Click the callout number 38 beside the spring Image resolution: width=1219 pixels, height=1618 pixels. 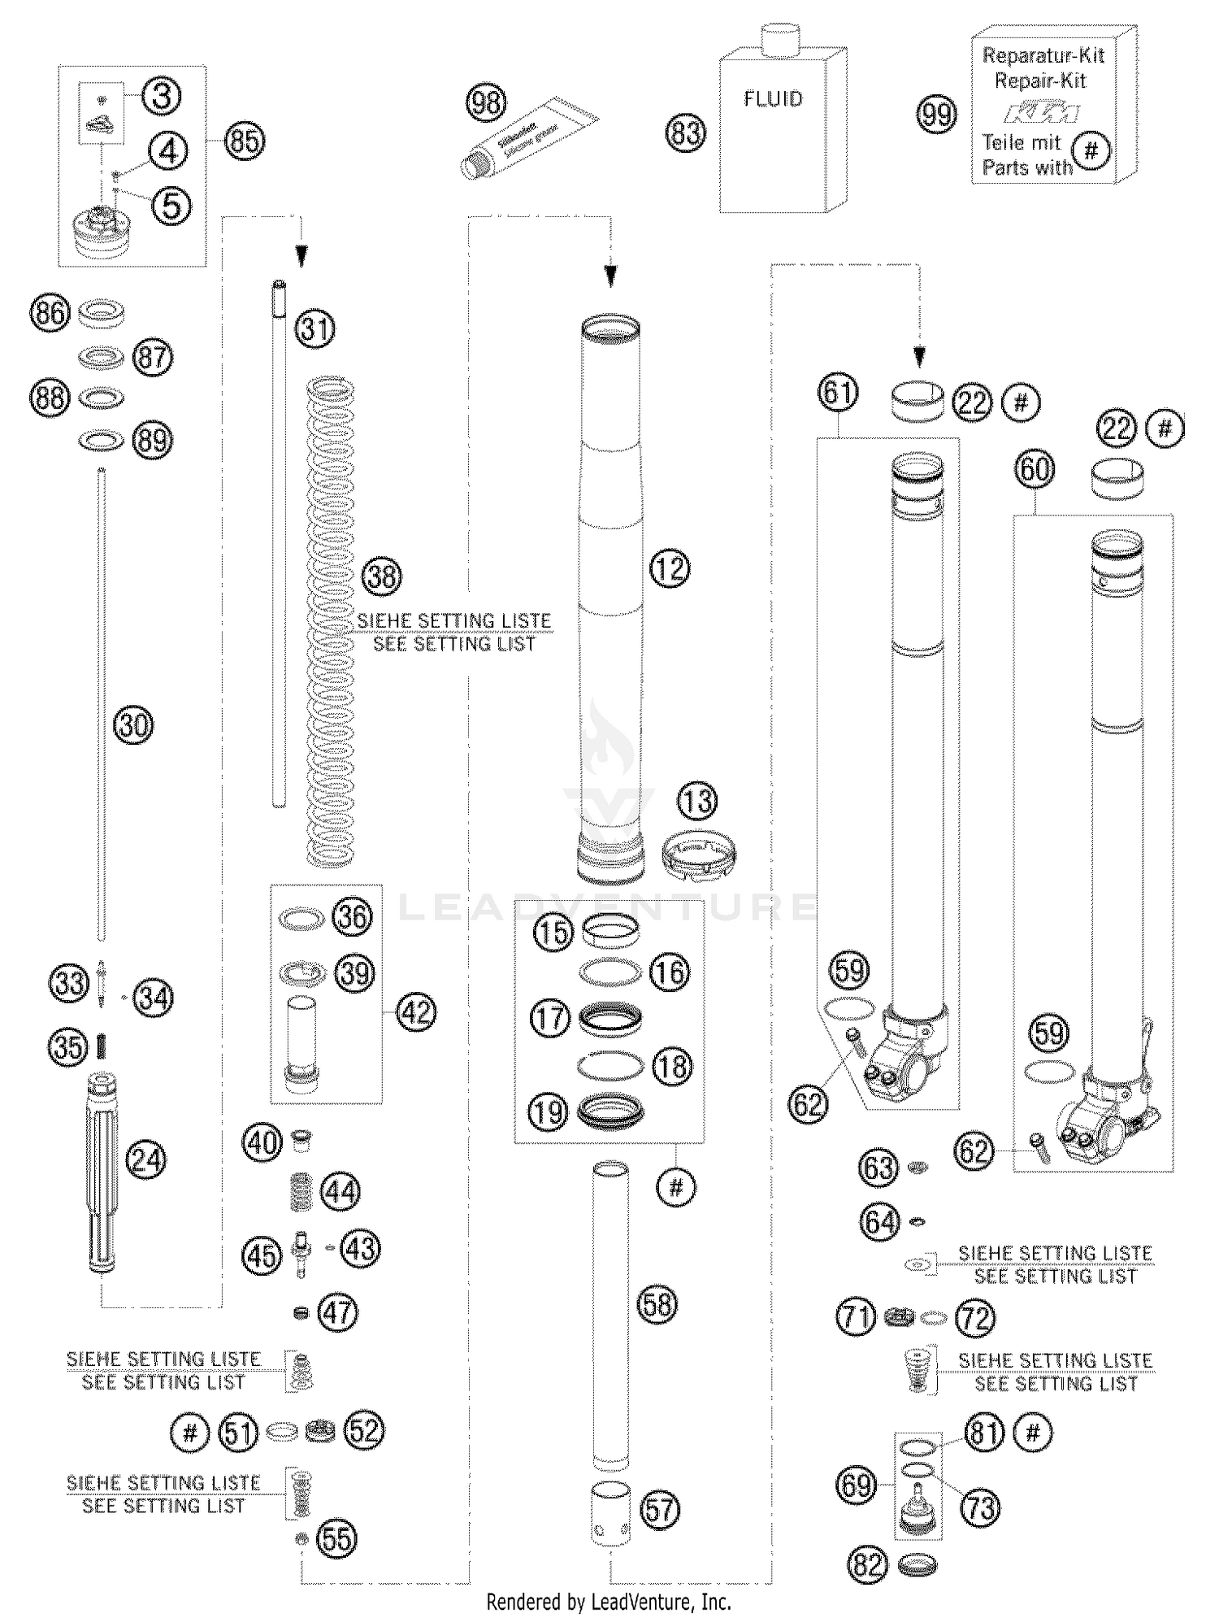click(382, 576)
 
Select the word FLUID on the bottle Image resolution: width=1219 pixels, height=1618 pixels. click(773, 99)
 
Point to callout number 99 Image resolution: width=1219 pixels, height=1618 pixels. click(937, 115)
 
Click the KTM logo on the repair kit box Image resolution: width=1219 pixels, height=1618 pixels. click(1041, 112)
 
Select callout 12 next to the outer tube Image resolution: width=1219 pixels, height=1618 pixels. click(670, 568)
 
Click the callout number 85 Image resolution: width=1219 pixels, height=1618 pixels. click(245, 141)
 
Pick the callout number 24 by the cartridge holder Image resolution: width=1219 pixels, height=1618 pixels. click(147, 1159)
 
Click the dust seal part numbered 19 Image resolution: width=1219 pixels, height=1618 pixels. click(610, 1110)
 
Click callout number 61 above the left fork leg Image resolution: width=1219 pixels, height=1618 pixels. click(838, 392)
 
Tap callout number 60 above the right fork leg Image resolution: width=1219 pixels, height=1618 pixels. click(1035, 469)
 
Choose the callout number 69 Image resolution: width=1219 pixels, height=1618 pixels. click(856, 1485)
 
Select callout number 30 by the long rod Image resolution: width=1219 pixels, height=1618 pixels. click(134, 724)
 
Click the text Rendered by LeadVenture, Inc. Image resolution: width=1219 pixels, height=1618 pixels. click(609, 1602)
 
